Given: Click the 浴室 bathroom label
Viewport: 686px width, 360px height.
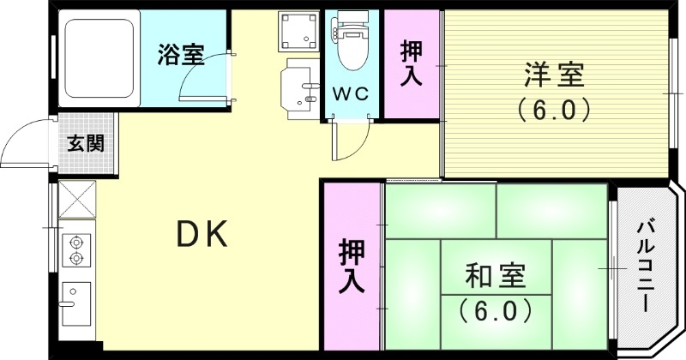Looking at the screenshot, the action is pos(180,57).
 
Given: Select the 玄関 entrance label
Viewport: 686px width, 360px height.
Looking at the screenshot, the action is pos(86,143).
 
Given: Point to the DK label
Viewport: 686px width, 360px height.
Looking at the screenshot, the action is pos(202,233).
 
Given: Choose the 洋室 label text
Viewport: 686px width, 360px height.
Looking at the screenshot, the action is pos(555,76).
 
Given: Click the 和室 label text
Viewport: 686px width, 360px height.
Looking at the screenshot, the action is pos(496,276).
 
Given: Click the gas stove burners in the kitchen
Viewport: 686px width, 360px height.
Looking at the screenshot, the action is pos(75,249).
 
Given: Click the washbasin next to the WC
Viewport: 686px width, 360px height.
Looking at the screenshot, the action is pos(300,86).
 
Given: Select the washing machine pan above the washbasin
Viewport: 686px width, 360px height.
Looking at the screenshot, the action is pos(299,32).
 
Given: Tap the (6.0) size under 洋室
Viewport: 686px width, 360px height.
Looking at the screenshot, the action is pos(555,110).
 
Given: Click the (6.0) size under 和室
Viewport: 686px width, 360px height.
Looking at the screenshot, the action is pos(496,309).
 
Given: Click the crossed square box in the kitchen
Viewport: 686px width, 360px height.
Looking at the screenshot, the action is pos(78,204).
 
